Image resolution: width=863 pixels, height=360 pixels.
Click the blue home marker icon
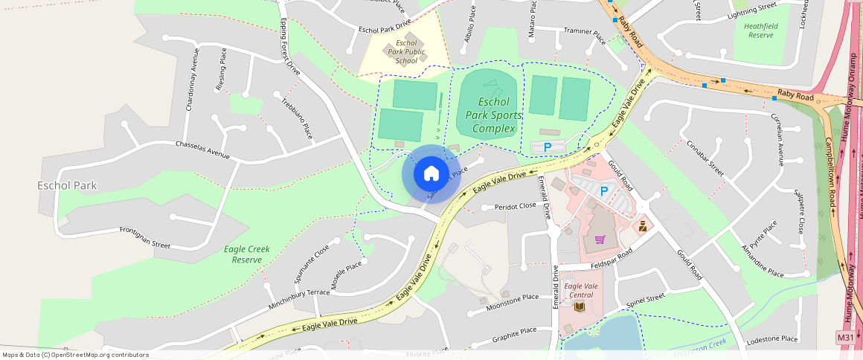click(x=431, y=174)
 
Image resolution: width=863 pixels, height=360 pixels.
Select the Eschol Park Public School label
click(x=407, y=52)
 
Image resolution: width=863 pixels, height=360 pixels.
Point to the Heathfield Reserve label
click(x=760, y=30)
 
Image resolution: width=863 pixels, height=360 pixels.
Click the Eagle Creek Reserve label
click(x=247, y=254)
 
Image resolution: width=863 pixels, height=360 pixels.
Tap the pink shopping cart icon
click(x=600, y=240)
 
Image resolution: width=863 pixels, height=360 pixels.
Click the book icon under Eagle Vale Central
click(x=580, y=306)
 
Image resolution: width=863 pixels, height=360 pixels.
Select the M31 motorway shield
click(x=845, y=337)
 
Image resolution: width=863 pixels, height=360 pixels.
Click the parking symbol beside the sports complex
click(x=548, y=147)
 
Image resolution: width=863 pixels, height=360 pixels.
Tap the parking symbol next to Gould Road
click(x=604, y=191)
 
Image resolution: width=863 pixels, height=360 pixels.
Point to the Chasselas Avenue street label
click(x=203, y=149)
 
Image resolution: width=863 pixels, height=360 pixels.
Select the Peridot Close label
click(x=515, y=206)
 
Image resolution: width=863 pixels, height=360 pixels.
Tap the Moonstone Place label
click(x=512, y=301)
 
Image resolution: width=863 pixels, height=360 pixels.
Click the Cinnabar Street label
click(x=705, y=158)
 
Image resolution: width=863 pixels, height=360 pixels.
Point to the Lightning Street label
click(x=751, y=10)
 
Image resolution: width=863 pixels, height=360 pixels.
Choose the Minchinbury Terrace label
click(x=299, y=299)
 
